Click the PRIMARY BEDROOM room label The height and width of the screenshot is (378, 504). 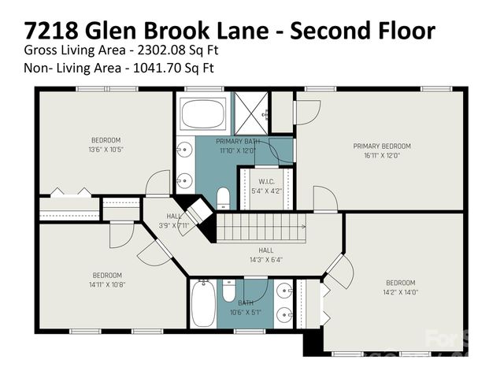pyautogui.click(x=382, y=146)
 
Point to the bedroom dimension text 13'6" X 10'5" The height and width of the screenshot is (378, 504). pyautogui.click(x=106, y=149)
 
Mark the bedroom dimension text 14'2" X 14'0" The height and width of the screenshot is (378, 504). pyautogui.click(x=399, y=291)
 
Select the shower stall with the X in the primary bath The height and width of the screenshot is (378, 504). pyautogui.click(x=251, y=115)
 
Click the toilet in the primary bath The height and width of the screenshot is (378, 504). pyautogui.click(x=223, y=198)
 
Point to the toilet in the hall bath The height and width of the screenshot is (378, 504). pyautogui.click(x=228, y=292)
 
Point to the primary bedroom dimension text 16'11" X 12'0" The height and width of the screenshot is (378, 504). pyautogui.click(x=382, y=155)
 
